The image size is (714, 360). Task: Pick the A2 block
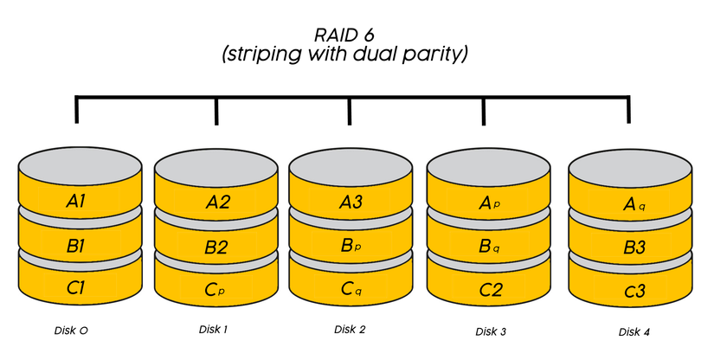tap(216, 203)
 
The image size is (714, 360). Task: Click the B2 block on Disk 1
tap(216, 247)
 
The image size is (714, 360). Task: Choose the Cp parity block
tap(216, 288)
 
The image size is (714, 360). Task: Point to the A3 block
tap(350, 202)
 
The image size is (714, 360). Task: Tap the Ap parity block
tap(490, 203)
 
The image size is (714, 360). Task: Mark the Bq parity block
tap(490, 246)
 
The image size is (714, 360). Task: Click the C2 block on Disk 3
tap(490, 288)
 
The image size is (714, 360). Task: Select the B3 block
tap(629, 247)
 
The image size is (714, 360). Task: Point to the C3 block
tap(629, 290)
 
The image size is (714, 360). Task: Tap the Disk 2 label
tap(350, 330)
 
